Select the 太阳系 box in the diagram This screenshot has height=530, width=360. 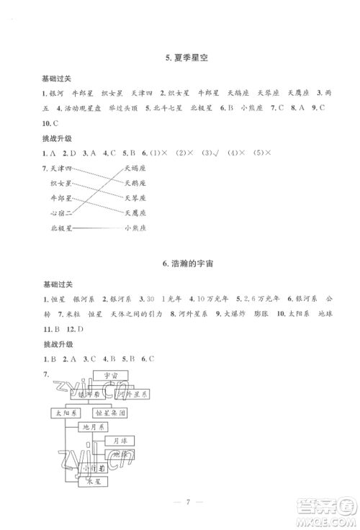click(64, 413)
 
